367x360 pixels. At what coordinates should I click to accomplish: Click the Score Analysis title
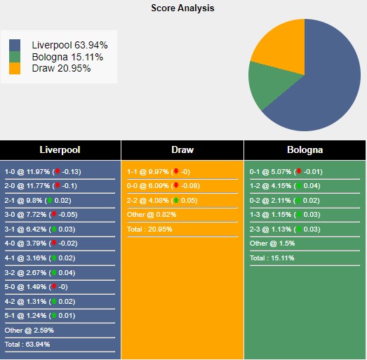tap(183, 8)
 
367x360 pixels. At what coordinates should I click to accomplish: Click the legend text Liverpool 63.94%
tap(69, 45)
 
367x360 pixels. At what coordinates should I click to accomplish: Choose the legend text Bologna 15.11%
tap(67, 57)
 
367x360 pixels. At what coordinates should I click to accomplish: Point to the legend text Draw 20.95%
tap(61, 68)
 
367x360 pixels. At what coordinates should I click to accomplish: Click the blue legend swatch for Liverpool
tap(15, 45)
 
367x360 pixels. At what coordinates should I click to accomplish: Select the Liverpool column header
tap(60, 149)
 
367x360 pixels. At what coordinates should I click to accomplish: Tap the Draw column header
tap(182, 149)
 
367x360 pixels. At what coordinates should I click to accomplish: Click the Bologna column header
tap(305, 149)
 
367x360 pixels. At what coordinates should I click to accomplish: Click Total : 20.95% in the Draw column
tap(149, 229)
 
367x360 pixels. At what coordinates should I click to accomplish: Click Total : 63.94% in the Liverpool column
tap(27, 345)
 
